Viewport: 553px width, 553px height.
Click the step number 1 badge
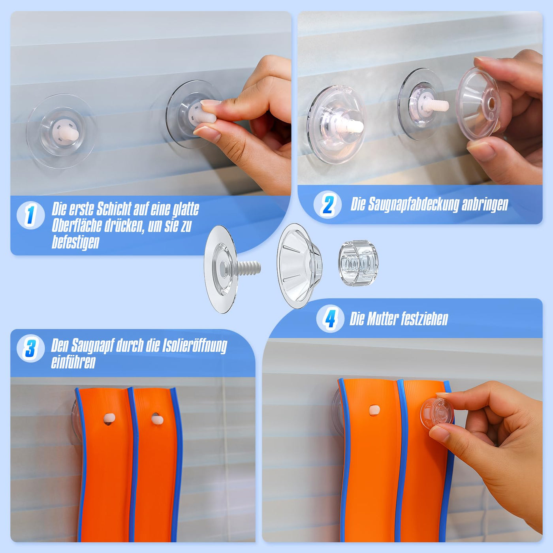pyautogui.click(x=31, y=215)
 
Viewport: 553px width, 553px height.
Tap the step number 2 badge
pyautogui.click(x=327, y=205)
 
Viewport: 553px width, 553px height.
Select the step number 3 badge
pyautogui.click(x=31, y=348)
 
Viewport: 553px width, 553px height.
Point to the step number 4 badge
pyautogui.click(x=330, y=318)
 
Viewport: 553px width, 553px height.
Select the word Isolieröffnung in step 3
pyautogui.click(x=195, y=346)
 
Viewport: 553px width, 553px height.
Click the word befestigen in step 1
pyautogui.click(x=75, y=243)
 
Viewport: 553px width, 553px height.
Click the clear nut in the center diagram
pyautogui.click(x=358, y=263)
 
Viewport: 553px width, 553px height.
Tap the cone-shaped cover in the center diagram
pyautogui.click(x=299, y=266)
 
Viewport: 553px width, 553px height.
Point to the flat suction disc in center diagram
pyautogui.click(x=220, y=269)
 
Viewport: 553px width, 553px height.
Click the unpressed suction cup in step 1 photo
pyautogui.click(x=61, y=132)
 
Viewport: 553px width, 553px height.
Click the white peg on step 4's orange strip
pyautogui.click(x=374, y=410)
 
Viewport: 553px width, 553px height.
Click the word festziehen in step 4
pyautogui.click(x=424, y=318)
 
